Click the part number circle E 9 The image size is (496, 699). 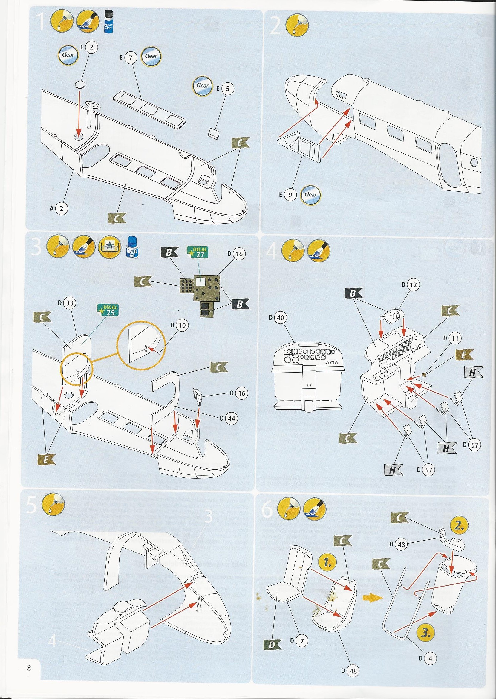290,195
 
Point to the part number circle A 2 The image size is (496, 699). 61,209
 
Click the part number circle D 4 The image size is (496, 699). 430,656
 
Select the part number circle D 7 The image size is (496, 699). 302,639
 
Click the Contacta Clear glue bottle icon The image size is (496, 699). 108,24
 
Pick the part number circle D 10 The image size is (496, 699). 182,325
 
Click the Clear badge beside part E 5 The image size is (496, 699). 203,86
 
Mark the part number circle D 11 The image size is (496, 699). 454,338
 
